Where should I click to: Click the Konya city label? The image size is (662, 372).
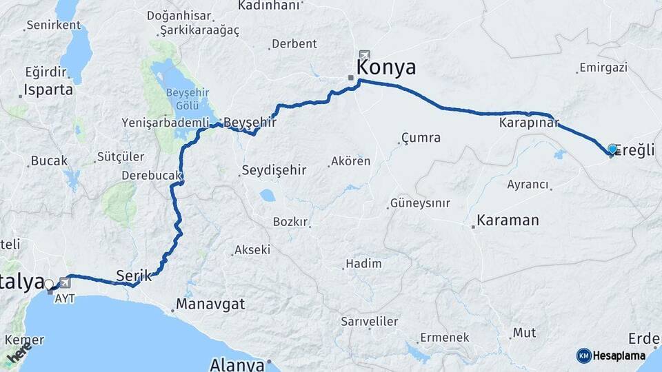pos(386,68)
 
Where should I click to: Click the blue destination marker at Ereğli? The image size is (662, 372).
pos(612,149)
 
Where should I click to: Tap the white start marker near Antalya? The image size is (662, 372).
pos(48,285)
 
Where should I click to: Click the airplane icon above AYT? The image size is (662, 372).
pos(65,282)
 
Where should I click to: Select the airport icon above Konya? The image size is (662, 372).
pos(364,55)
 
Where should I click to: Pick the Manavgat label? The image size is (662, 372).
pos(210,303)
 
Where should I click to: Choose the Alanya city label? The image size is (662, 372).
pos(237,363)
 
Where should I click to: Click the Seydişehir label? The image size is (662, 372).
pos(272,170)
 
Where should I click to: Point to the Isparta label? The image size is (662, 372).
pos(48,90)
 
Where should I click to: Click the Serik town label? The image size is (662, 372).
pos(134,274)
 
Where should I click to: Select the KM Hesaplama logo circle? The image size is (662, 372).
pos(584,355)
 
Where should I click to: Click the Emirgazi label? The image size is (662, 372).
pos(603,68)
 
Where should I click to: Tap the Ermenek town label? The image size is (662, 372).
pos(443,338)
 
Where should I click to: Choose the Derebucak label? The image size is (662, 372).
pos(151,176)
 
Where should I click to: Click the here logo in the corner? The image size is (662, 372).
pos(19,353)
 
